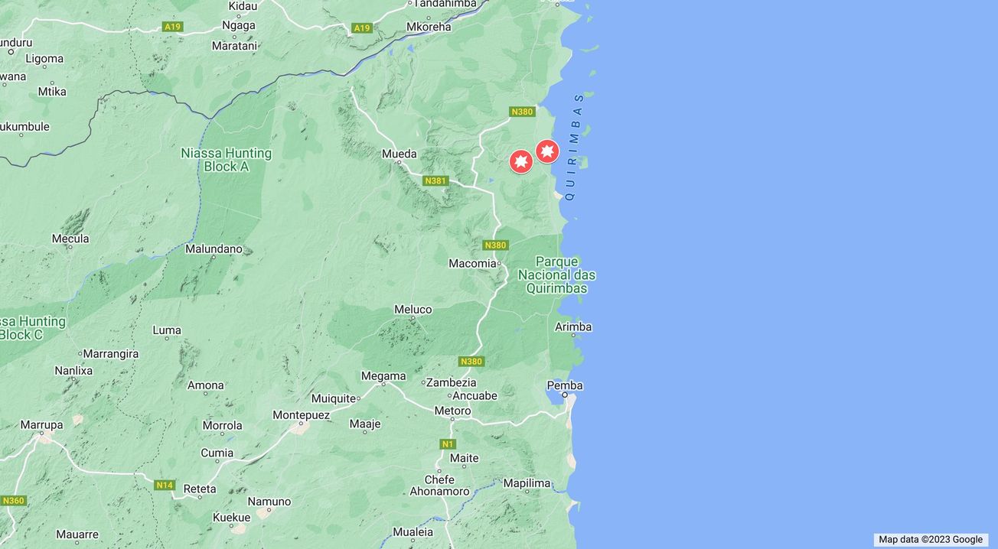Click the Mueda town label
tap(399, 154)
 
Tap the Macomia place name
tap(472, 264)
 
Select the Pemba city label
tap(565, 385)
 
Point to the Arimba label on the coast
tap(573, 327)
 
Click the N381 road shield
tap(435, 181)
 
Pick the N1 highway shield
tap(448, 444)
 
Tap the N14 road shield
tap(165, 486)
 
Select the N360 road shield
tap(13, 501)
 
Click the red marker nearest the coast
tap(546, 151)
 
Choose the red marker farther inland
tap(521, 161)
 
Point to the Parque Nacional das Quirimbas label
tap(556, 275)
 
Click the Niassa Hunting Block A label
tap(226, 159)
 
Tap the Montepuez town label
tap(301, 415)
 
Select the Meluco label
tap(413, 310)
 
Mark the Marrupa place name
tap(41, 425)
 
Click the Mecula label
tap(70, 239)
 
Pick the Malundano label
tap(214, 249)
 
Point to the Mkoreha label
tap(429, 27)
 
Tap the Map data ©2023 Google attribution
tap(930, 540)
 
